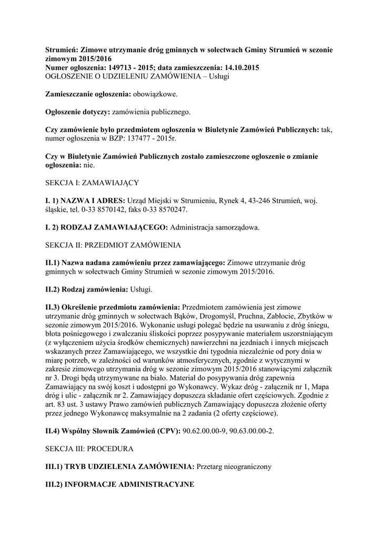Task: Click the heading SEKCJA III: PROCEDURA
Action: tap(89, 448)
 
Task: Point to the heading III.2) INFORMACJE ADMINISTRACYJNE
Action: tap(119, 484)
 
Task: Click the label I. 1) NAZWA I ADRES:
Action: tap(85, 201)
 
